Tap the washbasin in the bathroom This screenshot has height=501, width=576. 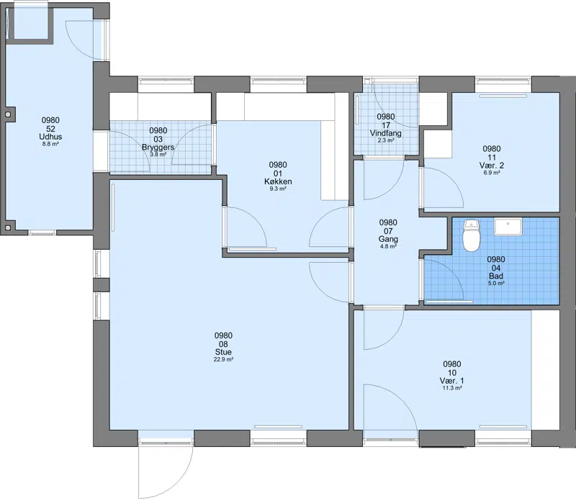(508, 227)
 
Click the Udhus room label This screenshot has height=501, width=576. (50, 137)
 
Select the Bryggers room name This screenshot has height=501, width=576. (158, 148)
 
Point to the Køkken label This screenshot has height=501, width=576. (278, 181)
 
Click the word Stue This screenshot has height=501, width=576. (223, 352)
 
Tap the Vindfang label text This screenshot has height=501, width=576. (386, 133)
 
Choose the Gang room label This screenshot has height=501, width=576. (388, 239)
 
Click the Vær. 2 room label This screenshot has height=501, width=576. (492, 166)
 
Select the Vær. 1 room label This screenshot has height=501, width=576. (452, 381)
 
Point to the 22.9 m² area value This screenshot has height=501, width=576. (223, 360)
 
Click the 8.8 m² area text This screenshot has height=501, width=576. (50, 144)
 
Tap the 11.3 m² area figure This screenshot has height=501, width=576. (452, 388)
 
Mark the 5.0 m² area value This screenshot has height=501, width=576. (496, 283)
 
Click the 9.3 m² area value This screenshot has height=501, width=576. (278, 189)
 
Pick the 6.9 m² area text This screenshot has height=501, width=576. (492, 173)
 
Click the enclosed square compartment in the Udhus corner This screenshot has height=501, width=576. (30, 23)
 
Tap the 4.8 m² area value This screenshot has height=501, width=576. (388, 246)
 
